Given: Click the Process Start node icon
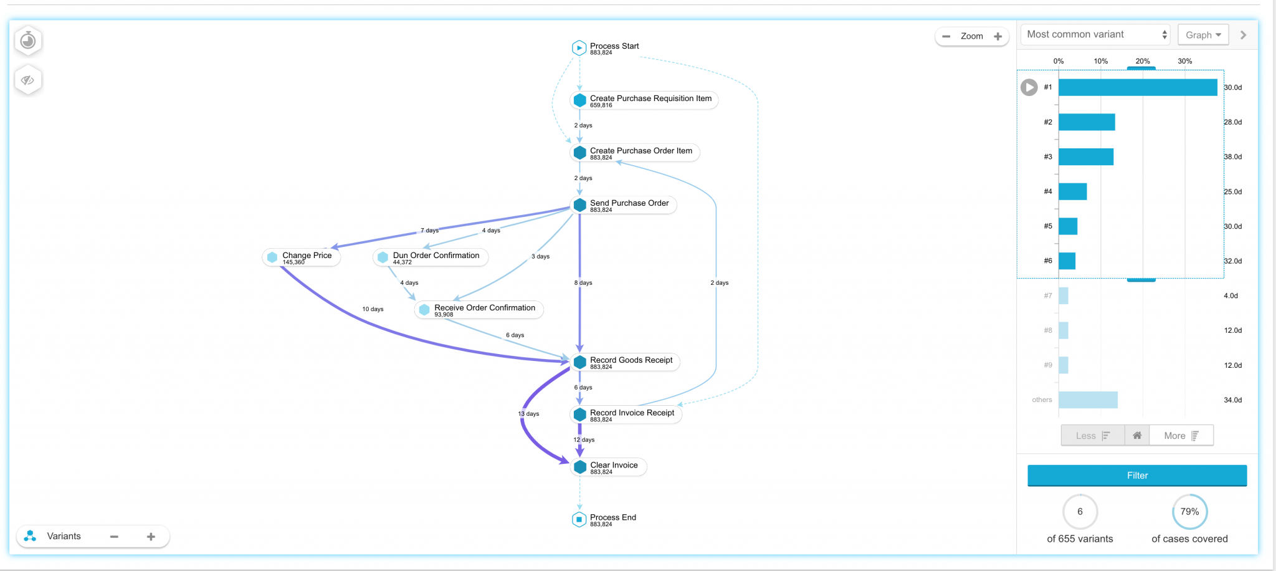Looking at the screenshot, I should (x=579, y=47).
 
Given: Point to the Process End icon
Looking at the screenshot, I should (x=579, y=519).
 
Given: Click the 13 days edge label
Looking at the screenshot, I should (x=528, y=414).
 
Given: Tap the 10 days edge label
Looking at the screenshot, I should (x=373, y=309).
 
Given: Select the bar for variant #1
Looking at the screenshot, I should (x=1137, y=87).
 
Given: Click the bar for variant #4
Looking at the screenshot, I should (x=1072, y=191).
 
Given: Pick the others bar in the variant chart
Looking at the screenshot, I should (x=1088, y=400).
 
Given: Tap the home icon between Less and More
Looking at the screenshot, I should (x=1137, y=436).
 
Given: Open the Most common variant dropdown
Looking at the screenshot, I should (x=1095, y=35).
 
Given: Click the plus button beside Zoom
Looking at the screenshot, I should (x=998, y=36).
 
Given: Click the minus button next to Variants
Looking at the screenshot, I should (x=114, y=537).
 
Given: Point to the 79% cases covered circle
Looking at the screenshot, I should (x=1189, y=512).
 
